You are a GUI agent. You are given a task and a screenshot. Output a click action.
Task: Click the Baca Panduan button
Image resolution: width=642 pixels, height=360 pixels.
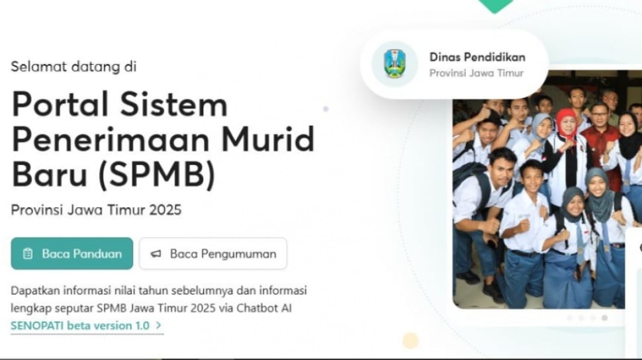pos(72,253)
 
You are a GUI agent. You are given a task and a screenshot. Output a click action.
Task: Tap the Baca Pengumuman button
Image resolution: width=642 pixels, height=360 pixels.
pos(213,253)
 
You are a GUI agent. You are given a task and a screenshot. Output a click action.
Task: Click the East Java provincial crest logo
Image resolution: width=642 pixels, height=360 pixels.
pos(394,64)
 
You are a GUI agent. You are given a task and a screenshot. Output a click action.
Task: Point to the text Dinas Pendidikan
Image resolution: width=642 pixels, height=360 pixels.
pos(477,58)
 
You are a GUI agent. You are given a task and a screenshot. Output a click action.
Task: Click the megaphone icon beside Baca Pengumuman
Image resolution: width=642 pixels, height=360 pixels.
pos(156,254)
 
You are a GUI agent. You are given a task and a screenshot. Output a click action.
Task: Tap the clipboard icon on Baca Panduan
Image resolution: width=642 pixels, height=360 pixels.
pos(27,254)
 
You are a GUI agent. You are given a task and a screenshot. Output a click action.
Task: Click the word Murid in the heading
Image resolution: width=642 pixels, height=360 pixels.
pos(268,139)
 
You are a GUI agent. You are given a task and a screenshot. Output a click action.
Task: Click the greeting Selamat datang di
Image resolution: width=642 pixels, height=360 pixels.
pos(73,66)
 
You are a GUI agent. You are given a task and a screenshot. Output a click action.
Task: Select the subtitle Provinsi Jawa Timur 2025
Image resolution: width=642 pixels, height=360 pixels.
pos(96,210)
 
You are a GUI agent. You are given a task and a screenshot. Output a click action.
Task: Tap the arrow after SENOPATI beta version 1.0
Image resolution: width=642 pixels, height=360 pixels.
pos(158,326)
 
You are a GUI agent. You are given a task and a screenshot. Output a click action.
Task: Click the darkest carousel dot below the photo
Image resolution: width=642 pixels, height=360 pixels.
pos(605,318)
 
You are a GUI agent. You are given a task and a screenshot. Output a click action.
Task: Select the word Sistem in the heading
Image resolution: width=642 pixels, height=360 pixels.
pos(173,105)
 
